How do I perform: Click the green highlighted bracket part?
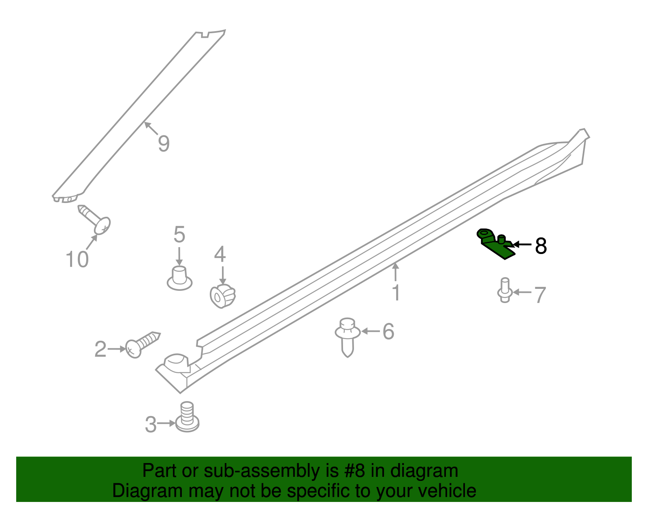[496, 244]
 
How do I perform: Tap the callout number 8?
[541, 246]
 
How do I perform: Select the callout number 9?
[164, 144]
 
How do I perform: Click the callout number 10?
[77, 259]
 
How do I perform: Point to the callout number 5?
[179, 235]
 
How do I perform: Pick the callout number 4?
[220, 255]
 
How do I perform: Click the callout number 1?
[396, 292]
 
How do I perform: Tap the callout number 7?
[540, 295]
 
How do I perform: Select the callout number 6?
[388, 332]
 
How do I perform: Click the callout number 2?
[100, 349]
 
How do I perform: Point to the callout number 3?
[151, 425]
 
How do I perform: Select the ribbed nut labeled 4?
[223, 296]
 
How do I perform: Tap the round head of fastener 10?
[102, 225]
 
